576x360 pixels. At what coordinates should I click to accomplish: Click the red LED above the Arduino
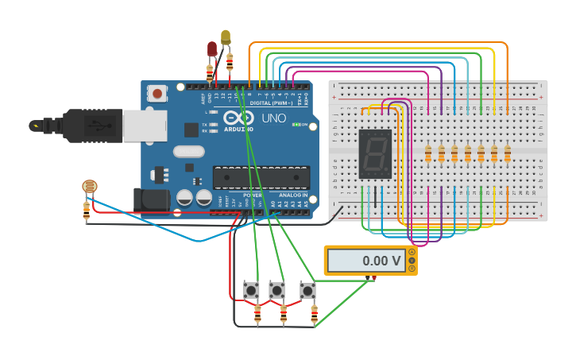(212, 49)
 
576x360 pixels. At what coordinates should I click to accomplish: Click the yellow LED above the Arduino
(226, 37)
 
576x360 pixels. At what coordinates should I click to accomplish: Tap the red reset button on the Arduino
(157, 94)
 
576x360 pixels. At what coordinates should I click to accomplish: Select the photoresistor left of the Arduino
(89, 187)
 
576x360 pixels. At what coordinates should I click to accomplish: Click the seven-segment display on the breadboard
(375, 153)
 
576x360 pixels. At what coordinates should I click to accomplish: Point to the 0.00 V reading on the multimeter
(381, 261)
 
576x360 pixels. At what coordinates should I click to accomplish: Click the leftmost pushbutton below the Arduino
(251, 290)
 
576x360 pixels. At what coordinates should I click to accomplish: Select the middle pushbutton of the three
(276, 290)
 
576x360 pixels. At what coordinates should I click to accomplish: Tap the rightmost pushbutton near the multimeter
(307, 290)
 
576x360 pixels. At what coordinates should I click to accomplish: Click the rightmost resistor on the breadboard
(507, 153)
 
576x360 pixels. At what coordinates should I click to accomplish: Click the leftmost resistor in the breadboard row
(428, 153)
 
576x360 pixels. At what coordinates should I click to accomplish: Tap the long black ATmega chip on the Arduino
(261, 177)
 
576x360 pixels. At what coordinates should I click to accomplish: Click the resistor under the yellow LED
(230, 62)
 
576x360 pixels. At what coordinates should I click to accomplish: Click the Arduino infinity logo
(234, 119)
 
